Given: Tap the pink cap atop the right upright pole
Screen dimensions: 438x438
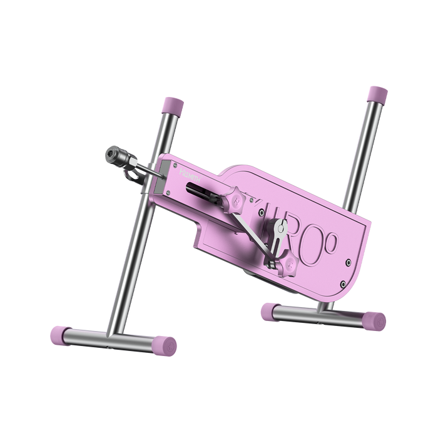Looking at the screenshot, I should (x=376, y=95).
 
